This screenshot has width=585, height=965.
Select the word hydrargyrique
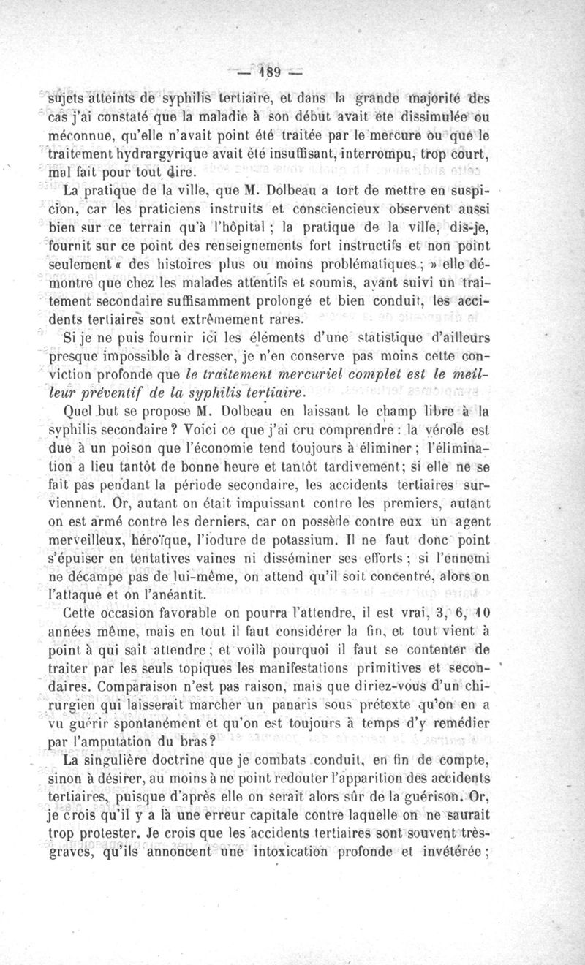tap(165, 155)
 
